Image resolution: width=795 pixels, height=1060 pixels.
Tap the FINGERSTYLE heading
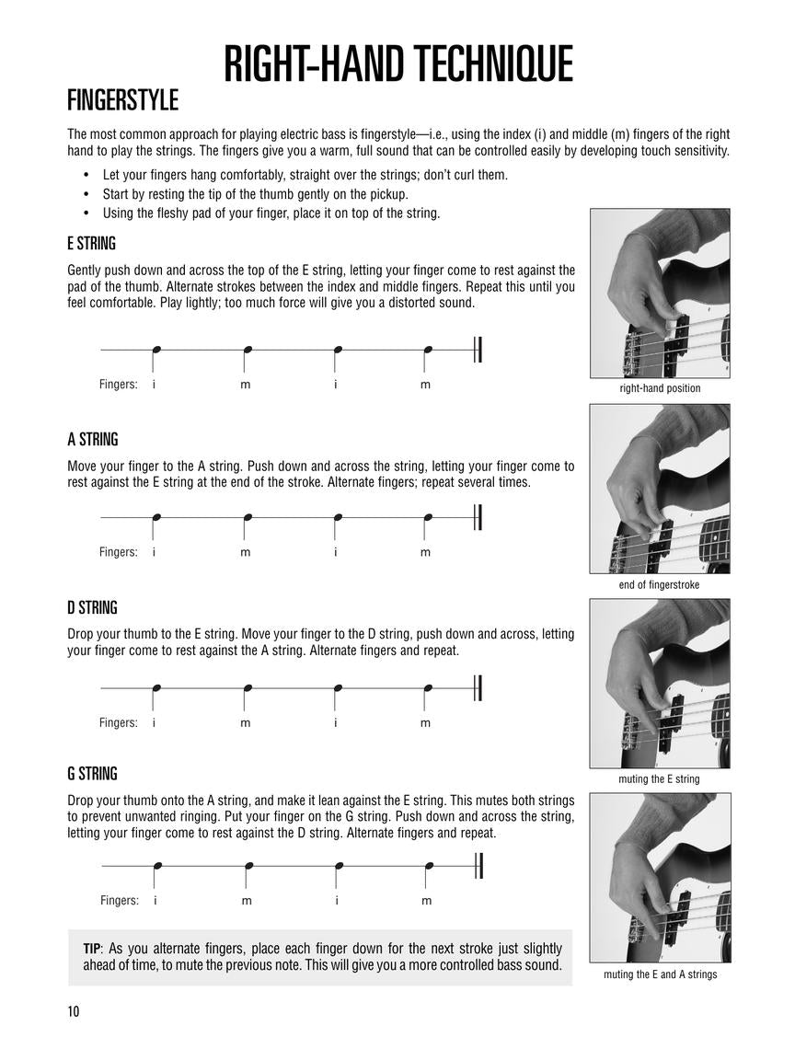(122, 99)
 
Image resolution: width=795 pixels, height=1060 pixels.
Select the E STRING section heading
(91, 244)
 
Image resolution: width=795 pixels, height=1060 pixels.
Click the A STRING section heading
(92, 440)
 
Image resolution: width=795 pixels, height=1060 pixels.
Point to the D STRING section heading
(92, 608)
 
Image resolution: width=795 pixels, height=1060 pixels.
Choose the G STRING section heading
(92, 774)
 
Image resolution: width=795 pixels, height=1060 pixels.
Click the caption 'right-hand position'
(660, 388)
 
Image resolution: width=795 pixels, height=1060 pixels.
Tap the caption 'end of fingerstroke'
(659, 584)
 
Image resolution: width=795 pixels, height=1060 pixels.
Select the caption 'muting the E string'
(659, 779)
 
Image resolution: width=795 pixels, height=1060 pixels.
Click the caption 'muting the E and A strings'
(660, 974)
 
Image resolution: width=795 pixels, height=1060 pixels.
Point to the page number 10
(73, 1012)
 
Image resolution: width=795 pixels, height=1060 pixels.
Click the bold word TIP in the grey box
(91, 949)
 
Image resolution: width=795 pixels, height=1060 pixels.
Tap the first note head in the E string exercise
(156, 350)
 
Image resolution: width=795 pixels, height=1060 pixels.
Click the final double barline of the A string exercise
(478, 518)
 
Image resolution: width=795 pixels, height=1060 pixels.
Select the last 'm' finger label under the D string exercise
(425, 723)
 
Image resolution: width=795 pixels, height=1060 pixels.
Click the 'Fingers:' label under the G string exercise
(120, 901)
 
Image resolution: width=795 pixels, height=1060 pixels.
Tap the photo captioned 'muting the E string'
(660, 684)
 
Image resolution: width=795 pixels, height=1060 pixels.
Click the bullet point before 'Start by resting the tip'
(86, 194)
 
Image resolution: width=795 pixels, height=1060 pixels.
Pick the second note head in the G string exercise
(248, 866)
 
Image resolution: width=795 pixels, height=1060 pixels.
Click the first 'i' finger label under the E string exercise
(154, 385)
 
